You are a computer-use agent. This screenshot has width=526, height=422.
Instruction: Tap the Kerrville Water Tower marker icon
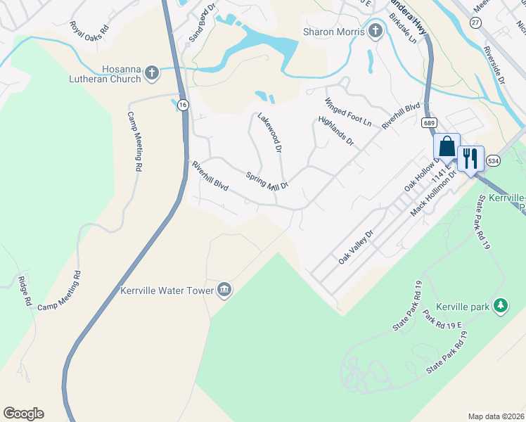point(224,290)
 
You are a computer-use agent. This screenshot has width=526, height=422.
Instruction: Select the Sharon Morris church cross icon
point(376,31)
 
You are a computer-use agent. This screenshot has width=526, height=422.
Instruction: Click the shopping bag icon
point(447,148)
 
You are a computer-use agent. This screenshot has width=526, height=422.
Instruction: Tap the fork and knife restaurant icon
point(470,158)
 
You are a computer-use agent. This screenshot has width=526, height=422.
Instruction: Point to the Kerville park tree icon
point(501,306)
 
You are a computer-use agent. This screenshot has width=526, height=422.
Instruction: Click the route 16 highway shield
point(183,105)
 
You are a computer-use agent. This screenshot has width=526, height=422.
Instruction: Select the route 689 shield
point(429,122)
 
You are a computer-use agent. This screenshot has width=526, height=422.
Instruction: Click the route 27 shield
point(475,23)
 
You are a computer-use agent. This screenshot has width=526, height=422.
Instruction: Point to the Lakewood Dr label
point(269,133)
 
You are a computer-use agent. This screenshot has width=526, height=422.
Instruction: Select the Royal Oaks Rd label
point(90,30)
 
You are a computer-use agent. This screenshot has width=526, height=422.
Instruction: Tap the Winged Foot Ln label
point(347,112)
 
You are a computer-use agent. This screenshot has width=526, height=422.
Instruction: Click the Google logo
point(23,414)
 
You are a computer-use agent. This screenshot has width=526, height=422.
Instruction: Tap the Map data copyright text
point(496,416)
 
